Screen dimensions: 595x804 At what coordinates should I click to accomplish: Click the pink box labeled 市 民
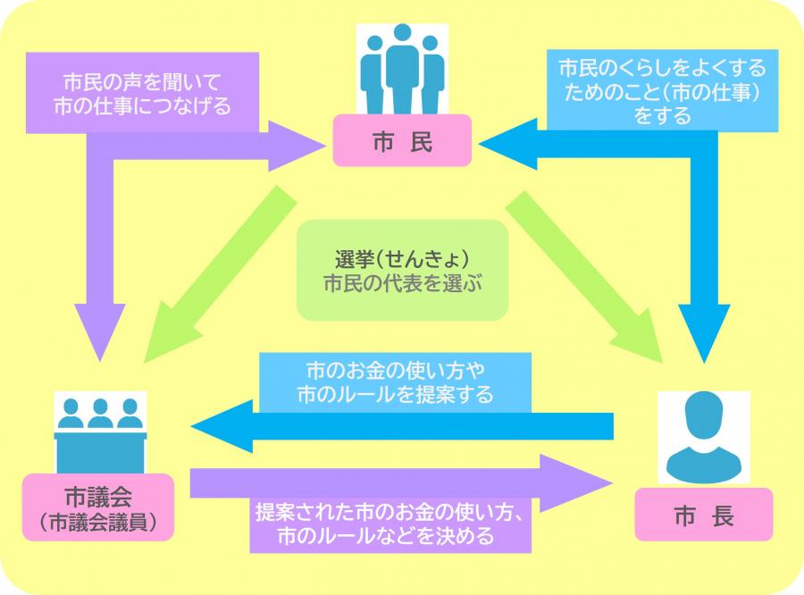tap(402, 141)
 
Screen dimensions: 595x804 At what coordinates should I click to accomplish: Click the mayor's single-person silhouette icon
tap(704, 438)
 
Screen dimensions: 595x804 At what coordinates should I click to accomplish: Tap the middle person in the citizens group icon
tap(401, 67)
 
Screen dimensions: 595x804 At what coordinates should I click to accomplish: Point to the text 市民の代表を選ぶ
tap(402, 286)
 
